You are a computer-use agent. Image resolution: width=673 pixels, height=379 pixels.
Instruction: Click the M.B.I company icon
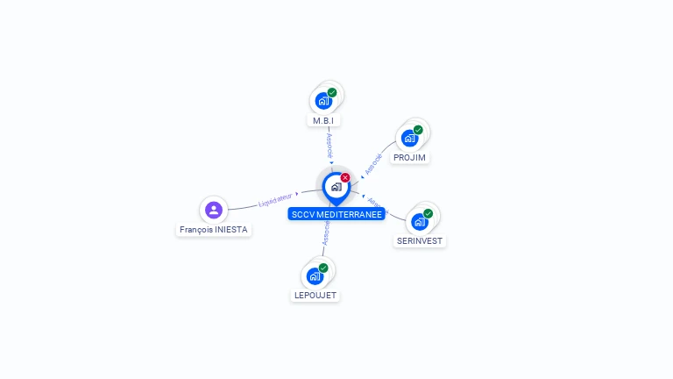324,100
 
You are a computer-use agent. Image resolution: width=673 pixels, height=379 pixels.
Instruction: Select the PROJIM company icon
409,138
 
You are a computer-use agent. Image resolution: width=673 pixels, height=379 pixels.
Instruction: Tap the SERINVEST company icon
419,221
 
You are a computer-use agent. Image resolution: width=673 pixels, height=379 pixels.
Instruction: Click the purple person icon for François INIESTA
213,210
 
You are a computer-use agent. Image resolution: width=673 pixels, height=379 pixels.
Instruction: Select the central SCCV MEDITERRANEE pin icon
336,187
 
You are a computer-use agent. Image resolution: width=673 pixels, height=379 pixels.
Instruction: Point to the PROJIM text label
409,158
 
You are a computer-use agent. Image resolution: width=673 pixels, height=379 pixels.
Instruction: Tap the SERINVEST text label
419,241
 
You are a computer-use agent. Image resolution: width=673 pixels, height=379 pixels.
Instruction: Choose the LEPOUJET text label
315,296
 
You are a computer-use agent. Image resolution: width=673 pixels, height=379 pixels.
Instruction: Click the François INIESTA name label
214,230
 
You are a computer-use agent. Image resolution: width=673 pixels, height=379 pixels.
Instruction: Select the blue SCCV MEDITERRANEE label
336,214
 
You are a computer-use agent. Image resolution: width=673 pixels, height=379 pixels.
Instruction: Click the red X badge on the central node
345,177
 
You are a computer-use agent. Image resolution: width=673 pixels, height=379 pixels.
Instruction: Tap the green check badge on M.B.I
332,92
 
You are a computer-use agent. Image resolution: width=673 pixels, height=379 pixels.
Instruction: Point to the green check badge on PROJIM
418,130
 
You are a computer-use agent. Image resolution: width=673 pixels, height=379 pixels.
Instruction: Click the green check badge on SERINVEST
428,213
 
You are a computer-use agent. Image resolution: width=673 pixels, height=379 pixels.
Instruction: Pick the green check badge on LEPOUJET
323,268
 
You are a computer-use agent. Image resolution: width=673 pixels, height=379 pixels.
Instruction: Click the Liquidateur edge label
274,201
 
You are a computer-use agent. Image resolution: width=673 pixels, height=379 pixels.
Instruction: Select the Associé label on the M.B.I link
329,144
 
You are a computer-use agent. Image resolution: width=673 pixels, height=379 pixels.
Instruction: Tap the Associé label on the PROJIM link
374,164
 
